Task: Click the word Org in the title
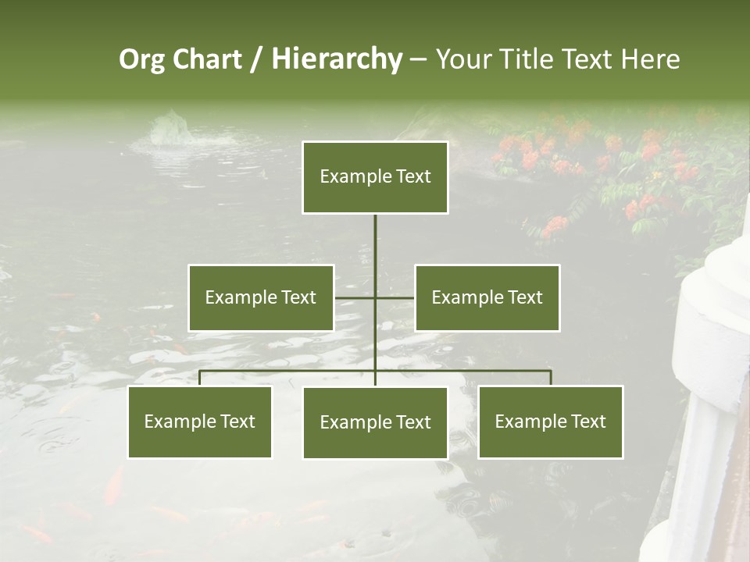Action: click(141, 59)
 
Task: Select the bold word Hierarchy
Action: click(337, 59)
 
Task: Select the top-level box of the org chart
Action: click(375, 177)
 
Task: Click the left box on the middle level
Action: click(261, 297)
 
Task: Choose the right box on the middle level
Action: click(487, 297)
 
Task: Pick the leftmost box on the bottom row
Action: click(200, 421)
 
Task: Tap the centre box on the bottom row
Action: click(375, 422)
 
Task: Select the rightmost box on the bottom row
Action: click(551, 421)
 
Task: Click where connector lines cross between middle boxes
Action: click(375, 297)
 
